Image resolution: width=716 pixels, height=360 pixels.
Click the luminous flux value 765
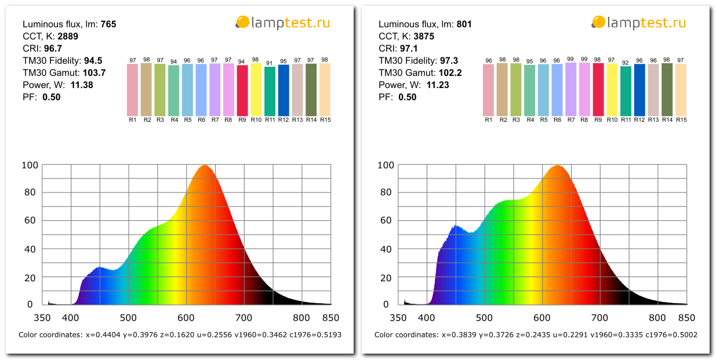tap(108, 24)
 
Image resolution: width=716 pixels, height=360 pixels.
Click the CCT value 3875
tap(423, 37)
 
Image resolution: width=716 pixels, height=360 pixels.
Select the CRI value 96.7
tap(53, 49)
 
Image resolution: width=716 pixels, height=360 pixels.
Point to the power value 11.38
tap(81, 85)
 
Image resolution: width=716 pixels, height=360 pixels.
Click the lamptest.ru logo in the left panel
tap(282, 23)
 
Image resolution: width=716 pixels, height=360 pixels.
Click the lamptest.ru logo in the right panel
tap(638, 23)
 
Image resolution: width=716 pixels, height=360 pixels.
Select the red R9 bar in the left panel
tap(242, 90)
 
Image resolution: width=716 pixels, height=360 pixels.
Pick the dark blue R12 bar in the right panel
tap(639, 90)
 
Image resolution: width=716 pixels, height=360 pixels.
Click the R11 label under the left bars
tap(270, 120)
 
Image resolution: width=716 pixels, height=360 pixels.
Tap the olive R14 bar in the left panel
tap(311, 90)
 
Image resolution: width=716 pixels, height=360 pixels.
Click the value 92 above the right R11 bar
tap(626, 63)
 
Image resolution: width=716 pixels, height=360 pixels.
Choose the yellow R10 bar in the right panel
tap(612, 90)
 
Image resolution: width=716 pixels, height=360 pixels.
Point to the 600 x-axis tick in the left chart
tap(186, 318)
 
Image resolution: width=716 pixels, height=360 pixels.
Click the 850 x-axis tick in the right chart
tap(686, 318)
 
